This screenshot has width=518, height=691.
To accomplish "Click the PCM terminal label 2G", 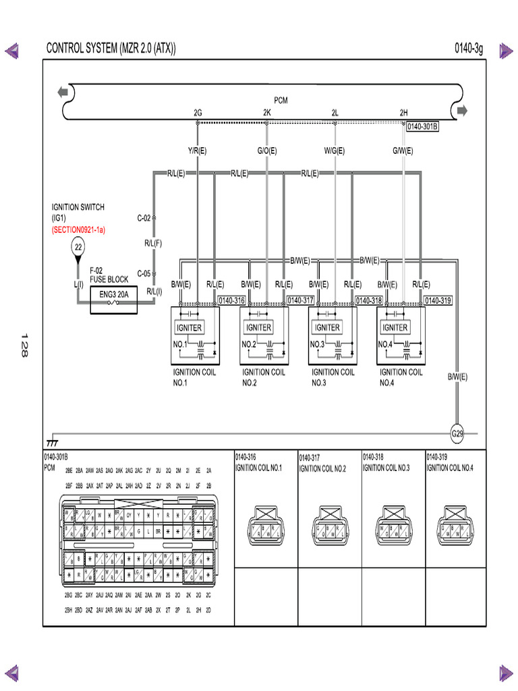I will [x=198, y=113].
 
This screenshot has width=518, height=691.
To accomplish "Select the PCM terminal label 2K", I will [x=267, y=113].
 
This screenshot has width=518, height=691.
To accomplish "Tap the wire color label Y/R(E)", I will [x=198, y=151].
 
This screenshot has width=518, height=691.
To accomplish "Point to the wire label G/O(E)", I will [x=267, y=151].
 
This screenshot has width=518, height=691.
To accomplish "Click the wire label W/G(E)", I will [x=335, y=151].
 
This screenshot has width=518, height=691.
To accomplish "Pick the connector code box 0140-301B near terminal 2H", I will [x=422, y=126].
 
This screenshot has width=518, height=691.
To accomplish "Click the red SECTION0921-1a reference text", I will [x=79, y=229].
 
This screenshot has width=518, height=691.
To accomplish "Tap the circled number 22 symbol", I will [x=78, y=248].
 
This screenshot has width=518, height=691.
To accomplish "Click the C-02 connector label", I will [x=144, y=218].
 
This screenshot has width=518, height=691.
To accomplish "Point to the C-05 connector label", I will [x=144, y=273].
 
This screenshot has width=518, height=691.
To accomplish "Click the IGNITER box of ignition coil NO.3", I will [x=327, y=328].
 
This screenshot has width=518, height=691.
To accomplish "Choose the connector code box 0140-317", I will [x=300, y=300].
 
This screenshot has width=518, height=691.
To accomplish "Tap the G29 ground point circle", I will [x=457, y=433].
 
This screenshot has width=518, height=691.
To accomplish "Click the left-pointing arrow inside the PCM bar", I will [x=63, y=92].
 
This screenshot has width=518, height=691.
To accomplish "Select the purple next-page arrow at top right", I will [x=506, y=50].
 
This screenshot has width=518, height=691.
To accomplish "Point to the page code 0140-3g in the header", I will [x=469, y=49].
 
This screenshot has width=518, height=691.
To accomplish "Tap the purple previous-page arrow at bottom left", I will [x=12, y=672].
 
